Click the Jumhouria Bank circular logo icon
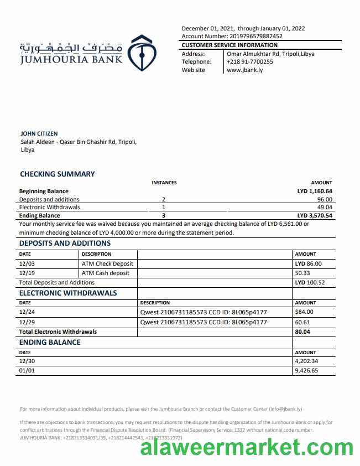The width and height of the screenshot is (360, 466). [x=142, y=54]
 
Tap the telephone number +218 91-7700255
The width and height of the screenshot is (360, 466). [x=250, y=62]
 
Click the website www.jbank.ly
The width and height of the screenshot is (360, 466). [x=245, y=70]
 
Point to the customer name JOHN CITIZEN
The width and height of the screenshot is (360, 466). [x=39, y=133]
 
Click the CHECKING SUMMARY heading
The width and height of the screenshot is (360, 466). [x=58, y=174]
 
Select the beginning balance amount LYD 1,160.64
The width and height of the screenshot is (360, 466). [x=315, y=191]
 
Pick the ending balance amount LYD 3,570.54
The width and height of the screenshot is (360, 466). [x=315, y=215]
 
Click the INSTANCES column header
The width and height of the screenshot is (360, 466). [x=164, y=183]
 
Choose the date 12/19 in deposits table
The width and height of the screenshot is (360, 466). [x=27, y=273]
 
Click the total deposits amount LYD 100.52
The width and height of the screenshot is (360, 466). [x=310, y=282]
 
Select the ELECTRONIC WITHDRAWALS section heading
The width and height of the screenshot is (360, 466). [x=68, y=293]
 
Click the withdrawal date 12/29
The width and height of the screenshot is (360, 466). [x=27, y=322]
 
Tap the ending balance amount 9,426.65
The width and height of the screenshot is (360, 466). [x=307, y=371]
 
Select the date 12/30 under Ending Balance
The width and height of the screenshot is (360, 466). [x=27, y=361]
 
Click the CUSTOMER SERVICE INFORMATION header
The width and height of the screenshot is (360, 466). [x=229, y=45]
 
